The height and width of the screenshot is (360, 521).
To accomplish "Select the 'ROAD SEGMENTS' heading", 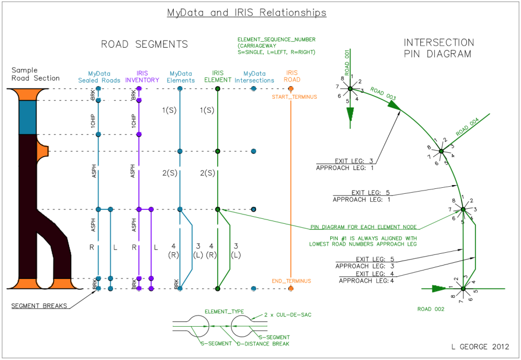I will pos(145,45).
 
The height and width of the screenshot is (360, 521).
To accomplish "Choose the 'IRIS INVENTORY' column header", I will pos(142,77).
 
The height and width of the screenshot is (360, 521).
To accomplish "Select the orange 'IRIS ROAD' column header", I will pos(292,76).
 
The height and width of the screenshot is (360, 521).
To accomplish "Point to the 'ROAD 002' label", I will pos(431,309).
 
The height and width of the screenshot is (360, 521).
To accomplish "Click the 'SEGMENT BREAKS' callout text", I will pos(40,306).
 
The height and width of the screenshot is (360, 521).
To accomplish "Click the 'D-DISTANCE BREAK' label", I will pos(263,343).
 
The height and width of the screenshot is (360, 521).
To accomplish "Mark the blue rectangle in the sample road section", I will pos(27,117).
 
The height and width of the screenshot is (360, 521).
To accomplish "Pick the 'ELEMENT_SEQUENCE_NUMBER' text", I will pos(277,39).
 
